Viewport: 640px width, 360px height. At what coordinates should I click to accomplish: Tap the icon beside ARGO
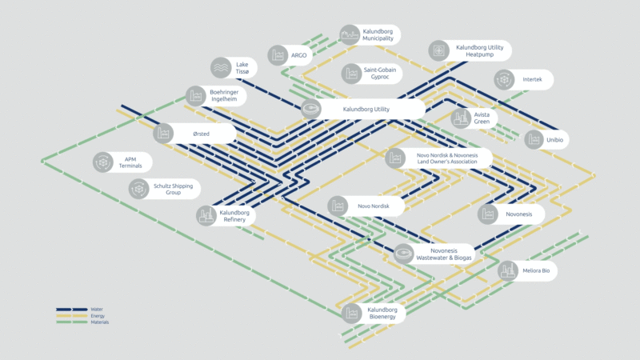278,55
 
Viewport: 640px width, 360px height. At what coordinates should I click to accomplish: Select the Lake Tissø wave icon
221,67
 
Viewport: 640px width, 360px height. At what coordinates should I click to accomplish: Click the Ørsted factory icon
163,134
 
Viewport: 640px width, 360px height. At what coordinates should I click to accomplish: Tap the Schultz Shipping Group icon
139,189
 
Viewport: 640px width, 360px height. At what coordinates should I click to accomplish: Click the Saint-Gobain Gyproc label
381,74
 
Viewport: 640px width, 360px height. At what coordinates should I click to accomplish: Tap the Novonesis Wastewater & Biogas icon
404,254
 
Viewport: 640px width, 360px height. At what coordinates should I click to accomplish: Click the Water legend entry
97,309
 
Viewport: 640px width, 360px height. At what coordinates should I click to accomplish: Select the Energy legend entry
98,315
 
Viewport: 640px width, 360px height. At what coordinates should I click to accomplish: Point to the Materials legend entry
99,322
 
